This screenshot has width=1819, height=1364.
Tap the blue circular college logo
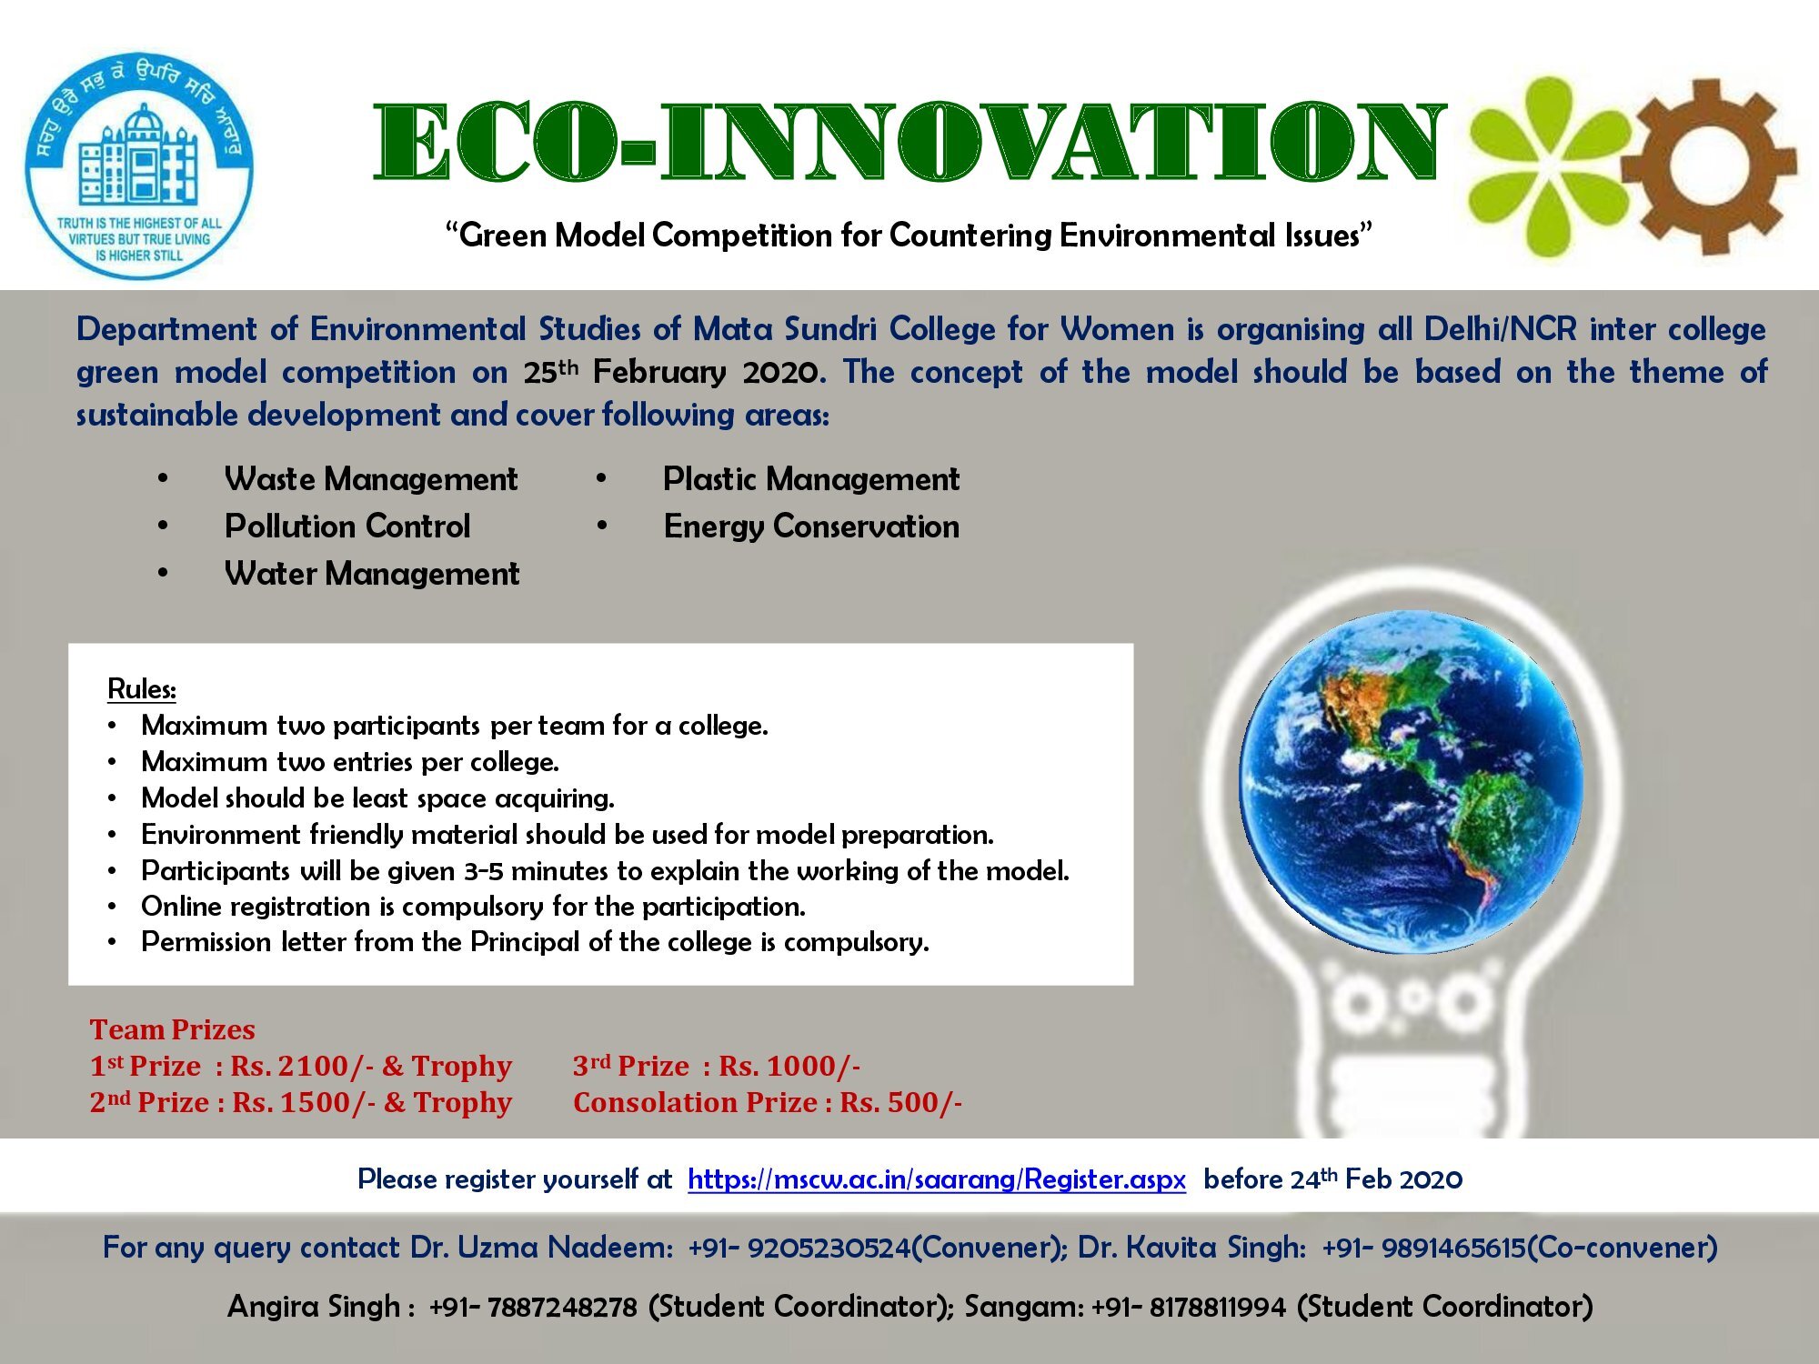[139, 165]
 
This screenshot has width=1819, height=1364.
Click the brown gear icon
[1709, 166]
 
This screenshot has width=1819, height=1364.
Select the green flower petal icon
[1546, 166]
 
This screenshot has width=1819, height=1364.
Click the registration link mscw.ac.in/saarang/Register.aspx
[937, 1179]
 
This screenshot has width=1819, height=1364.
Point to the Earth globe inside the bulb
[1411, 782]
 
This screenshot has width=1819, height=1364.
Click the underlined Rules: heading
[142, 688]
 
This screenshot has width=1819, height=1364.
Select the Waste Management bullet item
[371, 479]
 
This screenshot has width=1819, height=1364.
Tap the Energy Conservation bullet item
[811, 527]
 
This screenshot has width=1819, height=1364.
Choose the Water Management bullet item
[372, 574]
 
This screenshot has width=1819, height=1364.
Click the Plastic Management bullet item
[811, 479]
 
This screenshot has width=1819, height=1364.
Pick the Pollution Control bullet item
[347, 527]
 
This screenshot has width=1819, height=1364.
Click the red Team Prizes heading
[172, 1029]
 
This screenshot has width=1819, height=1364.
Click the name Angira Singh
[314, 1307]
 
